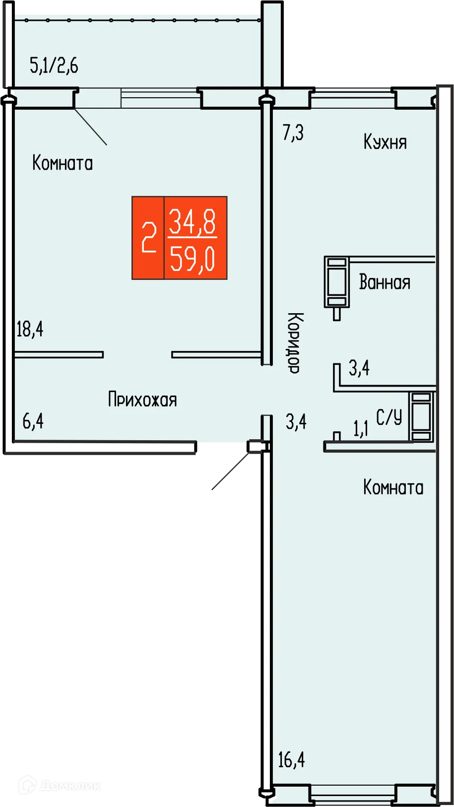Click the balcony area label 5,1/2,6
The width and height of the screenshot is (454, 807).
point(54,66)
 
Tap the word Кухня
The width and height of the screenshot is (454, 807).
point(385,142)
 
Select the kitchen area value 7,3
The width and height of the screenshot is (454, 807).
point(293,133)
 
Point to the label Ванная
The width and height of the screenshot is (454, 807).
point(385,282)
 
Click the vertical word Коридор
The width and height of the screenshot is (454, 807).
point(295,342)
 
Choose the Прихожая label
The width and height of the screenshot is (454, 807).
point(142,400)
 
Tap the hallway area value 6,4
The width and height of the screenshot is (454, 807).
point(33,421)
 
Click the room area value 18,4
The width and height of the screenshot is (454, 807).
point(30,329)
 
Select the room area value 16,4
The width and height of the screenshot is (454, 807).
point(291,760)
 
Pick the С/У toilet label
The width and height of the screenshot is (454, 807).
point(389,417)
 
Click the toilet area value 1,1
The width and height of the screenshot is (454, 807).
point(361,428)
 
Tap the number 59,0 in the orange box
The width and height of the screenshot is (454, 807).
point(193,259)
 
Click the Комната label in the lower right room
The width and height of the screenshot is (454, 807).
point(393,488)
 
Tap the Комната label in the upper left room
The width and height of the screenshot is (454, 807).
point(63,163)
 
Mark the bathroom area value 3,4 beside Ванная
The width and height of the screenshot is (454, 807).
point(359,368)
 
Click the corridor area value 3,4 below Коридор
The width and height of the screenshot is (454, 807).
point(296,422)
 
